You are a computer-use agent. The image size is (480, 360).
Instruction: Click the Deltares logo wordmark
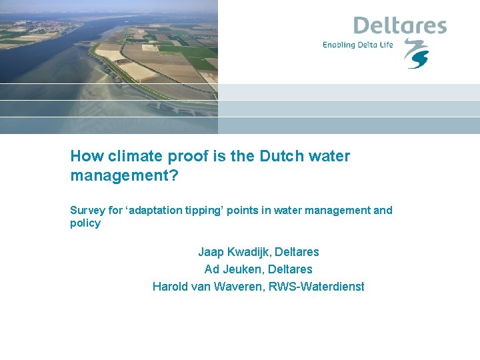(x=399, y=26)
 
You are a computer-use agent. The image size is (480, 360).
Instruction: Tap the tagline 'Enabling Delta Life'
(x=358, y=45)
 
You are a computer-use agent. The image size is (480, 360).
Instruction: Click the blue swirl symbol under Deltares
(x=417, y=54)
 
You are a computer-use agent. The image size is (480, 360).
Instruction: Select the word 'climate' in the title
(x=132, y=156)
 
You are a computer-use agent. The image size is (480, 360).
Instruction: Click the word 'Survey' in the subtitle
(x=87, y=211)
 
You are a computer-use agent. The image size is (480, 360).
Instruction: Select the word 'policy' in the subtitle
(x=85, y=223)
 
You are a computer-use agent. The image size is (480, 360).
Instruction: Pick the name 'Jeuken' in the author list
(x=242, y=269)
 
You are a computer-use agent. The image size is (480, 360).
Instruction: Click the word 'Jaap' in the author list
(x=210, y=252)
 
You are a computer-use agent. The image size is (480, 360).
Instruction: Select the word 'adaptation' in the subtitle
(x=156, y=211)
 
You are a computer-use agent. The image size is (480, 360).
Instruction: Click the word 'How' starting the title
(x=85, y=156)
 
